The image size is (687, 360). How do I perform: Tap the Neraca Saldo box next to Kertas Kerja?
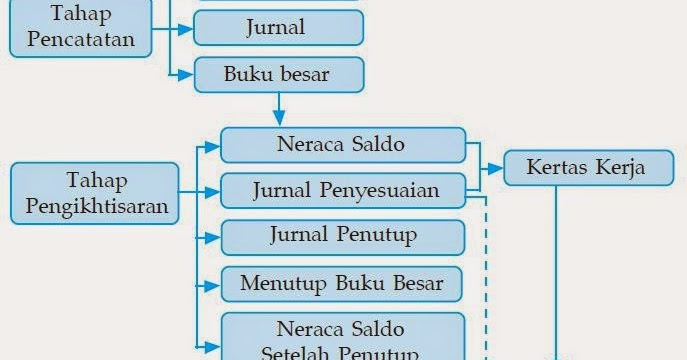coord(342,144)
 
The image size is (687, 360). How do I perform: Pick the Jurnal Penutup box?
coord(343,236)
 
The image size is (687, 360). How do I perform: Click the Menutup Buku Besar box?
coord(342,283)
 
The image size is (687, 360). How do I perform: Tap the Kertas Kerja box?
coord(587,167)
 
